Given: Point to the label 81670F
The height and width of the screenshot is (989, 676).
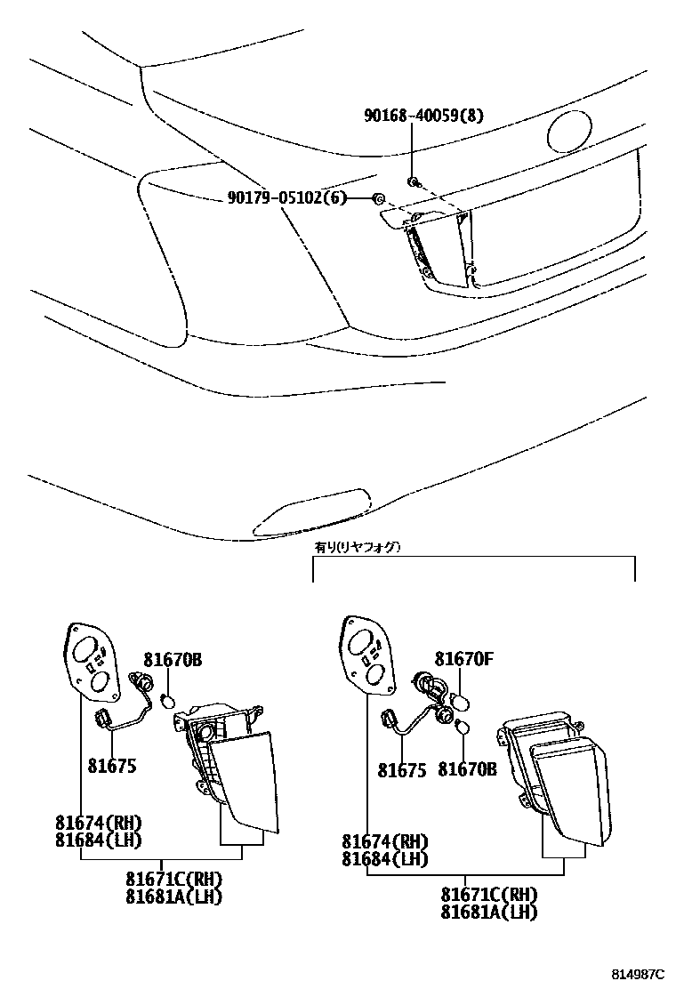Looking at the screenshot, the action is point(463,659).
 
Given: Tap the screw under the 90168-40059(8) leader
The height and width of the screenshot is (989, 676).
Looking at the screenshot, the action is point(413,182).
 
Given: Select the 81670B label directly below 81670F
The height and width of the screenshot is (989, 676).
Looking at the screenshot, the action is point(467,769).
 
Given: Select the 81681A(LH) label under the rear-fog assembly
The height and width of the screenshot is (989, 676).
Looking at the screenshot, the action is point(489,912).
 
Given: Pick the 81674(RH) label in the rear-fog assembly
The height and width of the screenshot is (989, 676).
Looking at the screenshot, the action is point(384,841).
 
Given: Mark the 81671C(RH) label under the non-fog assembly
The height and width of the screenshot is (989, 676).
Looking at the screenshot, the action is point(174,880).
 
